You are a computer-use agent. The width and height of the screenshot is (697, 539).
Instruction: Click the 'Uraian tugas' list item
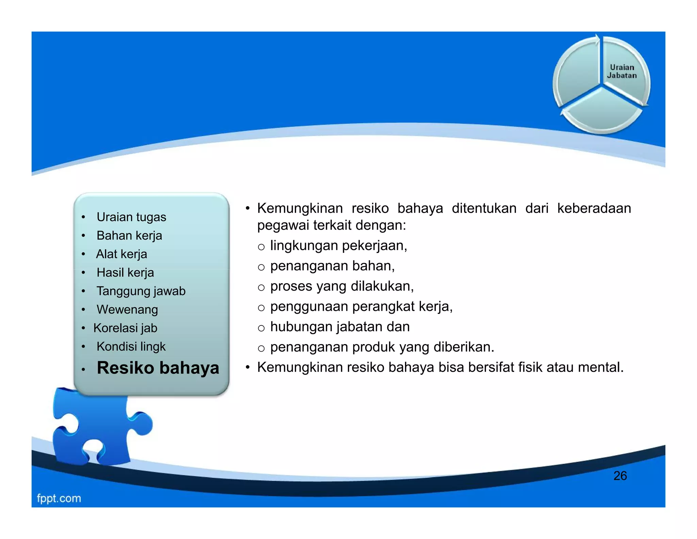click(131, 217)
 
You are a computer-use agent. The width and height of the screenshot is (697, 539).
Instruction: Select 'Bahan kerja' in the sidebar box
click(129, 235)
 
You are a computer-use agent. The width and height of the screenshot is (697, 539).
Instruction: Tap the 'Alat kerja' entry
click(121, 254)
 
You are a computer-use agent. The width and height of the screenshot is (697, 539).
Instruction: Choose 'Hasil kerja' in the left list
click(125, 273)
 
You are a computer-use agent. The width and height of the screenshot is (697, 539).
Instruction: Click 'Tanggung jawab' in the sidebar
click(141, 291)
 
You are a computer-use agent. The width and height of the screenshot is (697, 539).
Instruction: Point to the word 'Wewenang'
click(127, 309)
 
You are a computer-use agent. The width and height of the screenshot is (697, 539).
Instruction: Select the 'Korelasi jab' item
click(125, 328)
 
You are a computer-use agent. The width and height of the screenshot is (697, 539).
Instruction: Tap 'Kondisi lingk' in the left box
click(131, 346)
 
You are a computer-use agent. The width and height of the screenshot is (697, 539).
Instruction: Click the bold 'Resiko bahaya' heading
click(158, 368)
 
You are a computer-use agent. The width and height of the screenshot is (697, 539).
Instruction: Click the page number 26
click(620, 476)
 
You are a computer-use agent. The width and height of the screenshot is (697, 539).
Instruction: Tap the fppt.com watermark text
click(59, 498)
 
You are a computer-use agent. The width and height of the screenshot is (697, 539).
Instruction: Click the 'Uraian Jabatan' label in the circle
click(621, 72)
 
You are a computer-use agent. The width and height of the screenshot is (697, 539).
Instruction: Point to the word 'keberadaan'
click(594, 208)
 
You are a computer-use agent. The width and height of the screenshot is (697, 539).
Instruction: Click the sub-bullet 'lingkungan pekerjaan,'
click(338, 246)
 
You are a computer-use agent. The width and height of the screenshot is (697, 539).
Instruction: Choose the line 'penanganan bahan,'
click(332, 266)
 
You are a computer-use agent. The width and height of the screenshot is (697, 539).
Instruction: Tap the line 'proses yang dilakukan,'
click(342, 286)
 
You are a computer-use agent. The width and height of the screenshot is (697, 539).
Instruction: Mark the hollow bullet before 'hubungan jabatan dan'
click(261, 328)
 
